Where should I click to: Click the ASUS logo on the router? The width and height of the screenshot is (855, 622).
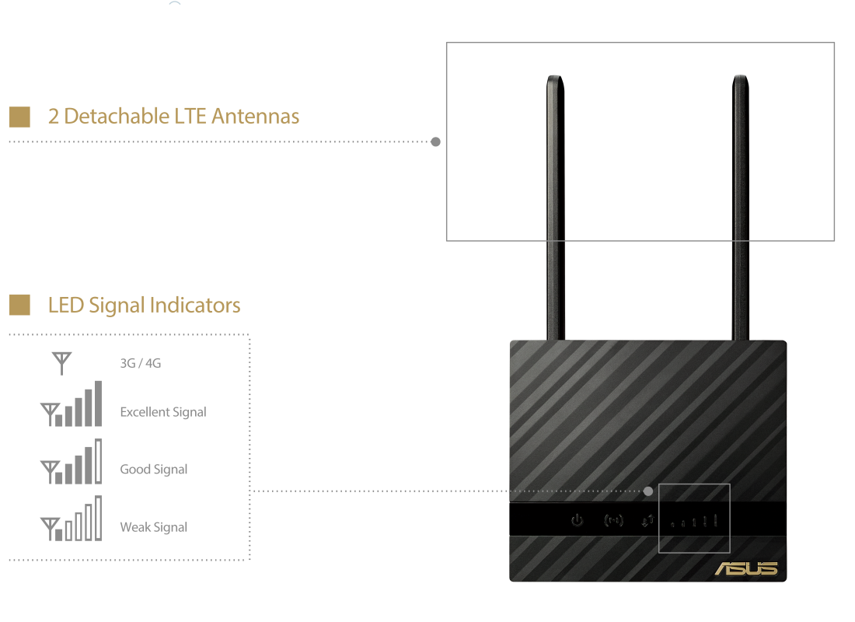[x=746, y=568]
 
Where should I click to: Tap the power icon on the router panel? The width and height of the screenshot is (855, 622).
[x=577, y=520]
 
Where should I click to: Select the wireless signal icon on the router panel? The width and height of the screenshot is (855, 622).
[x=613, y=520]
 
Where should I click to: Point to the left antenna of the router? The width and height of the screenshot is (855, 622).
[x=556, y=208]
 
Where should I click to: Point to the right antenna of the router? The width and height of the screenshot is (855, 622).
[x=741, y=208]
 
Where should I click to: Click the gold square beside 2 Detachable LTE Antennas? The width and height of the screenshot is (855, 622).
[x=19, y=117]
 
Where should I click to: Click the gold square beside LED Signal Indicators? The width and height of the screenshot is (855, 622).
[x=19, y=305]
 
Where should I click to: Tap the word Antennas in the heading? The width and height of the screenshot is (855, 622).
[x=255, y=116]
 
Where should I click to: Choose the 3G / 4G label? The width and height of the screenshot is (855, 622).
[x=141, y=363]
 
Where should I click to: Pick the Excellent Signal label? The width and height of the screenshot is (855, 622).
[x=163, y=412]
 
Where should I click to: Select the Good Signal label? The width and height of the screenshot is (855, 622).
[x=154, y=470]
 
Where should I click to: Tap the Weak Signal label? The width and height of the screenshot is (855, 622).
[x=154, y=527]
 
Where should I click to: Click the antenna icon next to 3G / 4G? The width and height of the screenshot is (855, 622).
[x=61, y=363]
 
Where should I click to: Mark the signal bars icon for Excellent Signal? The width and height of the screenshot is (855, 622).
[x=71, y=404]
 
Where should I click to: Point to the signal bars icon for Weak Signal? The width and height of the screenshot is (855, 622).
[x=71, y=519]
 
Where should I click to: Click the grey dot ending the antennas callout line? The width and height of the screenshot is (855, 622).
[x=436, y=142]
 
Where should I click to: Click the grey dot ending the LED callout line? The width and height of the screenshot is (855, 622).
[x=647, y=491]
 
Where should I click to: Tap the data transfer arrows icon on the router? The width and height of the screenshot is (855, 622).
[x=647, y=521]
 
